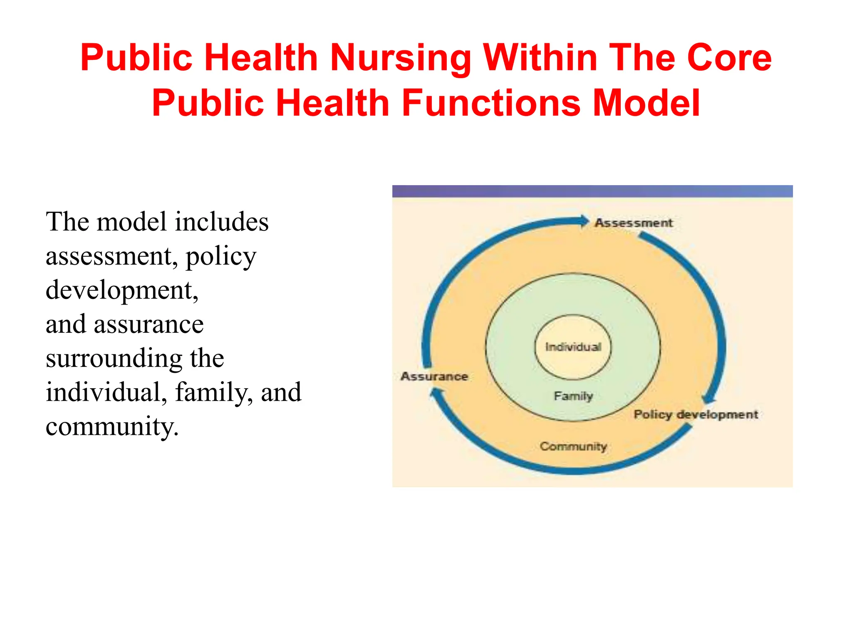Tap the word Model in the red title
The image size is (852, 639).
click(646, 103)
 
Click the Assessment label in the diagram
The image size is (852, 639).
click(633, 223)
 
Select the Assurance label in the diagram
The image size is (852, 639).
click(434, 376)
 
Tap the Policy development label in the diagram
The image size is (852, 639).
click(696, 414)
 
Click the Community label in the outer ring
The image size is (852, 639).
click(573, 446)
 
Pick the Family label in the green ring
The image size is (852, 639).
click(573, 396)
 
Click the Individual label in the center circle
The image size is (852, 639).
click(573, 347)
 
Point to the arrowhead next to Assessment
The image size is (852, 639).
click(584, 221)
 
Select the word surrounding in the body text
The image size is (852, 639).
click(114, 359)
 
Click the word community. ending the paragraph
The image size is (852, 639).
click(112, 427)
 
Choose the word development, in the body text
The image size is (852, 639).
click(122, 290)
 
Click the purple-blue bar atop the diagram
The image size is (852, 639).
click(592, 191)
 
